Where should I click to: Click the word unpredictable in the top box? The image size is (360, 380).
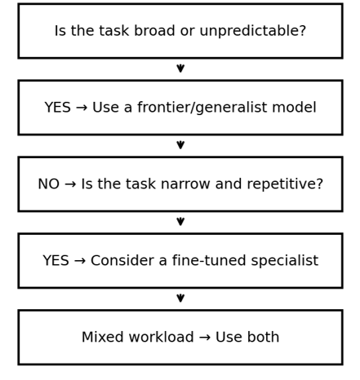click(253, 31)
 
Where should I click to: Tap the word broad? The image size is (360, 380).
click(154, 30)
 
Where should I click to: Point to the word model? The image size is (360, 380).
click(294, 107)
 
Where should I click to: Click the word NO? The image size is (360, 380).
click(49, 184)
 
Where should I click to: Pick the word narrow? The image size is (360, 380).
click(185, 184)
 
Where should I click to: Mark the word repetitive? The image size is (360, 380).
click(285, 184)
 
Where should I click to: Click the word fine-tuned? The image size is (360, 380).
click(209, 260)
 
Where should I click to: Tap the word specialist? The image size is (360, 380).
click(285, 261)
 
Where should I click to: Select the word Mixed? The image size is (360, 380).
click(103, 337)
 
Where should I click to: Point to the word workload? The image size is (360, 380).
click(161, 337)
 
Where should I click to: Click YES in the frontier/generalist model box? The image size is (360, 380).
click(57, 108)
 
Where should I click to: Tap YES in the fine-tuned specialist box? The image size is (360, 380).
click(56, 261)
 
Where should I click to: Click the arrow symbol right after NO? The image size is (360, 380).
click(70, 184)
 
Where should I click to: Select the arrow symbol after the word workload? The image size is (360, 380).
click(205, 338)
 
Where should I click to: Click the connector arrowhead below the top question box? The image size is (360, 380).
click(180, 68)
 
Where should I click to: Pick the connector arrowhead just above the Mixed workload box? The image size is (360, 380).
click(180, 298)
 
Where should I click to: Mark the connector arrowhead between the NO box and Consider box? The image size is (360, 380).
click(180, 222)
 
